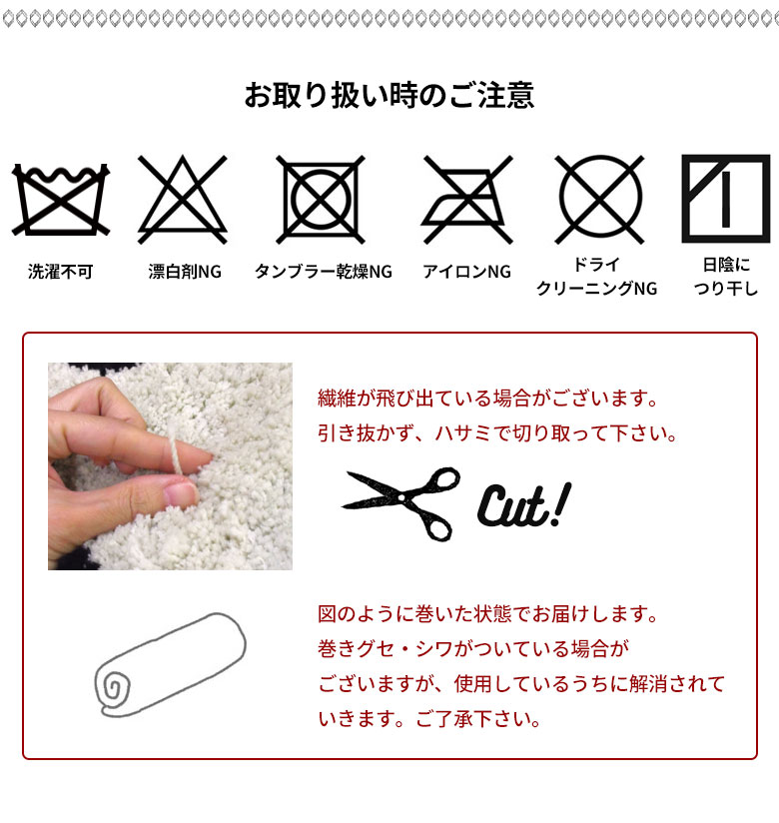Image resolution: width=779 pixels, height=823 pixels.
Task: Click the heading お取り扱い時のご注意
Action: click(x=389, y=96)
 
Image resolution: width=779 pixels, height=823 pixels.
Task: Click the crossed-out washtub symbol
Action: click(x=61, y=200)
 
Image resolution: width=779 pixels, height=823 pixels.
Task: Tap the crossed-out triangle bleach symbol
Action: click(x=182, y=199)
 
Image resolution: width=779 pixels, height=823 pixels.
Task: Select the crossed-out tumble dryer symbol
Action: click(x=321, y=200)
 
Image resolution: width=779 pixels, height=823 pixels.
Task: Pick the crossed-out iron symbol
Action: click(x=466, y=200)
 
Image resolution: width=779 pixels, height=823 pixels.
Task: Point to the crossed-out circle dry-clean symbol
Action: click(x=599, y=199)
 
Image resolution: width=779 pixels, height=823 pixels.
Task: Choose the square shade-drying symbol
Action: click(x=725, y=199)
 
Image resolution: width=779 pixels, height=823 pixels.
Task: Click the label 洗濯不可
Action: click(x=60, y=272)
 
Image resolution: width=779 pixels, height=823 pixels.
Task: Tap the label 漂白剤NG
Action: click(x=184, y=272)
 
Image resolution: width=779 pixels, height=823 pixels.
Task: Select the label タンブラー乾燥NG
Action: click(x=324, y=272)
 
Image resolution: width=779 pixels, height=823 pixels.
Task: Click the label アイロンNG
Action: click(x=466, y=272)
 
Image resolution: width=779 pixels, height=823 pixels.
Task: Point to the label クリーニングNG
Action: click(x=597, y=289)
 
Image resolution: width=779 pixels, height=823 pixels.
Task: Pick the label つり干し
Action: click(x=726, y=289)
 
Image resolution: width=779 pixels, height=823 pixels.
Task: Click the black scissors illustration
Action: click(x=401, y=502)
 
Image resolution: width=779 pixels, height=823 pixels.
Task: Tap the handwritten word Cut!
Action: click(x=524, y=504)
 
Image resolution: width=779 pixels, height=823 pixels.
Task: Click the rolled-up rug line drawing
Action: click(x=170, y=665)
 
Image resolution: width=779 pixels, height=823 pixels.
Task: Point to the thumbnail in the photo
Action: click(x=180, y=494)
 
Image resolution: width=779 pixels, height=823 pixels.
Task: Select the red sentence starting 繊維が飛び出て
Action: click(x=487, y=399)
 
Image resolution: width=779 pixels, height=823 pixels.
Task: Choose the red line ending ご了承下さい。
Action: click(x=429, y=719)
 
